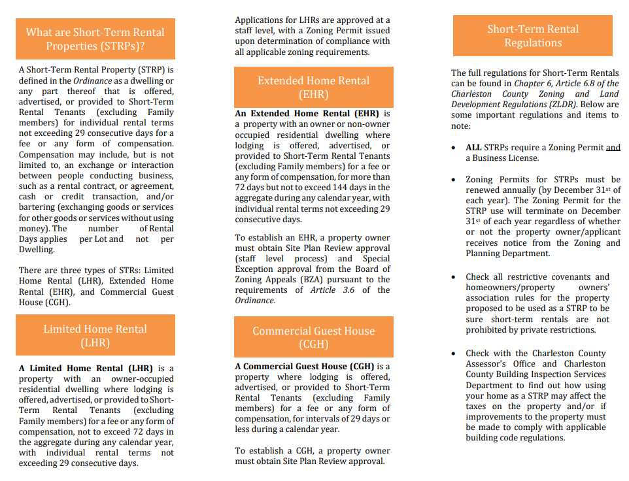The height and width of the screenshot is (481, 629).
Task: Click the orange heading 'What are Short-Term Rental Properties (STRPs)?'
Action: [95, 39]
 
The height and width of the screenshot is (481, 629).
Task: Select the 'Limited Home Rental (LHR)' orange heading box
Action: [95, 335]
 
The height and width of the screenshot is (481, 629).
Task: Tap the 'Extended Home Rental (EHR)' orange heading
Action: [314, 88]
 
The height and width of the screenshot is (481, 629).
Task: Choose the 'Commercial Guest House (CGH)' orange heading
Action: [314, 337]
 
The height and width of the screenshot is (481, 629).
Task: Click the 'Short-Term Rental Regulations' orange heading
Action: [533, 36]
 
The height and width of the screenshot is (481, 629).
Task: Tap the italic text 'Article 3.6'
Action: [332, 290]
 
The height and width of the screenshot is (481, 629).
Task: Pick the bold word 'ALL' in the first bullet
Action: [474, 148]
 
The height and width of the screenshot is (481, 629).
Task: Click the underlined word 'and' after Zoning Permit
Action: [613, 148]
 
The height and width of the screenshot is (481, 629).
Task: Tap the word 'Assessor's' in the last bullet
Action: [493, 364]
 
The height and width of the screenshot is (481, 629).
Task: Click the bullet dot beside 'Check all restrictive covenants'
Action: [454, 277]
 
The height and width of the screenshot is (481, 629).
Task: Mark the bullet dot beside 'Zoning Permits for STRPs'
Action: [454, 180]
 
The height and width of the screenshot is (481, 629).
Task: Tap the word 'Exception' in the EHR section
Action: [255, 269]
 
